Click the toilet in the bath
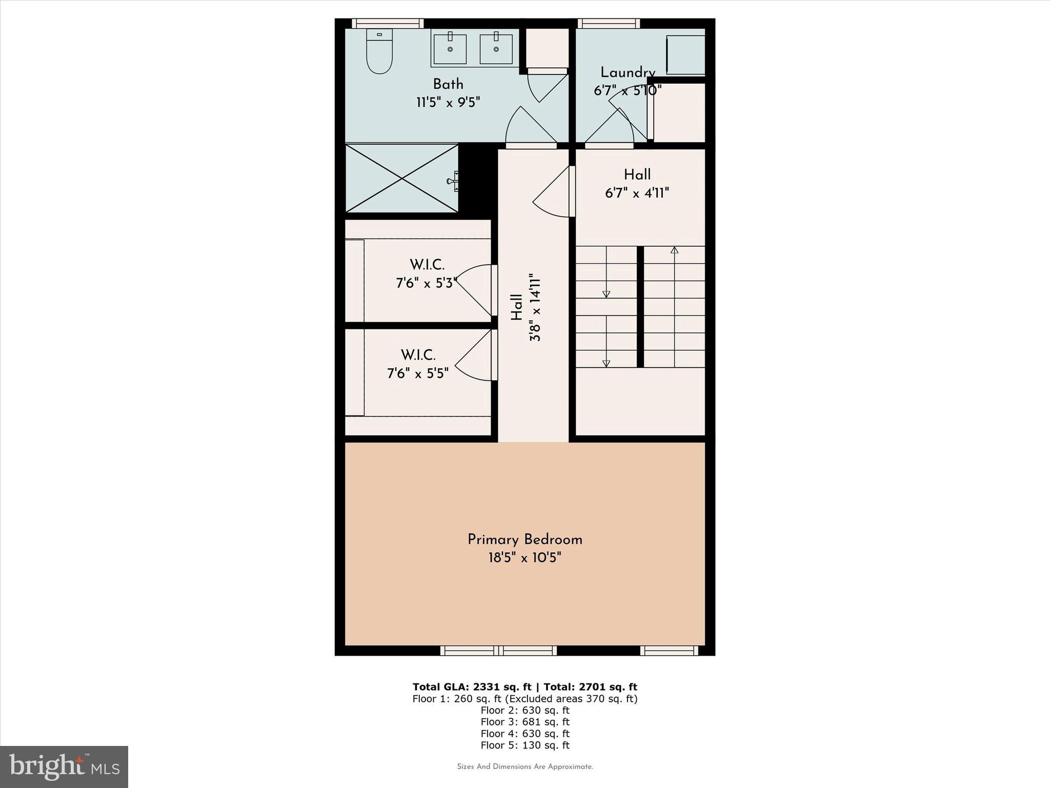coord(379,52)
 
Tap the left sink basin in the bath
coord(450,49)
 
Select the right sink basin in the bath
coord(496,49)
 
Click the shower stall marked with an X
coord(401,178)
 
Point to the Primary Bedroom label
coord(524,540)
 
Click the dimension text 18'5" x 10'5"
coord(524,558)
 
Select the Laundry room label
coord(628,72)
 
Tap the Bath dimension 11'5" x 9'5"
coord(448,102)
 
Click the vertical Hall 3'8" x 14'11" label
coord(526,307)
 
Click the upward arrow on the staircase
coord(674,250)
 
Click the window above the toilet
coord(388,23)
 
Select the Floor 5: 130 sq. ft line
coord(524,745)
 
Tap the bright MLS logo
coord(64,766)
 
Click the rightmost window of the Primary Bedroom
coord(669,651)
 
